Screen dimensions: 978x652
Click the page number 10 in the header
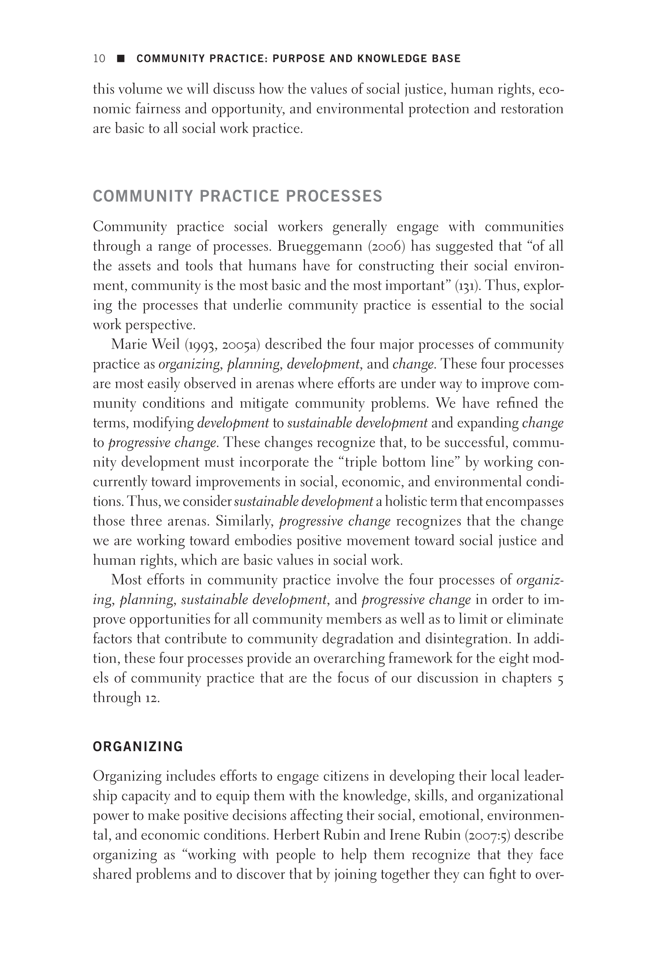(99, 59)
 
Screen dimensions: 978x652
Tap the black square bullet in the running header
(121, 59)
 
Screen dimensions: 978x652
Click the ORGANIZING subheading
(138, 747)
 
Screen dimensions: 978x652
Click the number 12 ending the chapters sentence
(152, 698)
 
